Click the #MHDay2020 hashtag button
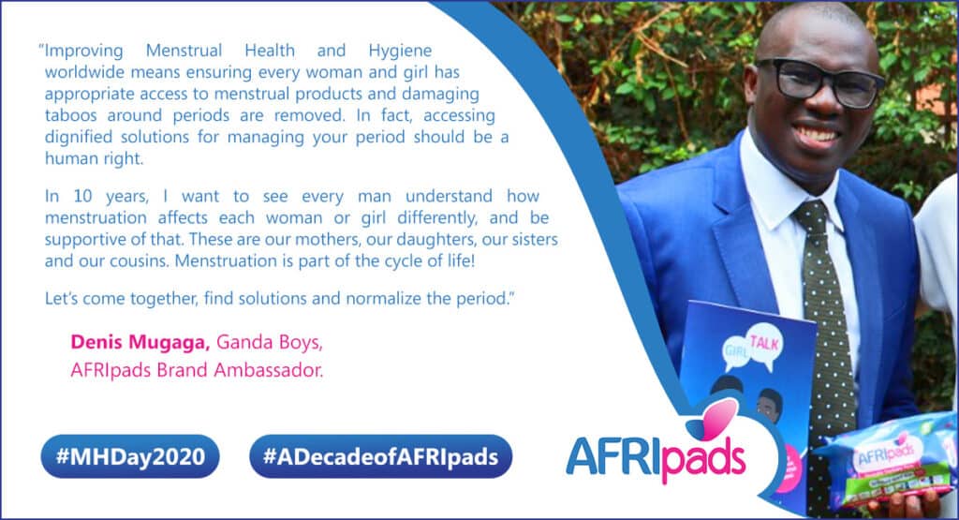point(130,456)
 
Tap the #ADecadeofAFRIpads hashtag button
point(380,456)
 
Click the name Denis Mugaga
point(140,343)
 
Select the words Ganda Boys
point(270,342)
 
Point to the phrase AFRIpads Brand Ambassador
point(197,370)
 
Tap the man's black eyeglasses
point(820,82)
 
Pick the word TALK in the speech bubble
point(764,343)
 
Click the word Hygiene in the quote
point(400,51)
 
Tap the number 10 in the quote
point(82,196)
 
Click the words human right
point(94,159)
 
